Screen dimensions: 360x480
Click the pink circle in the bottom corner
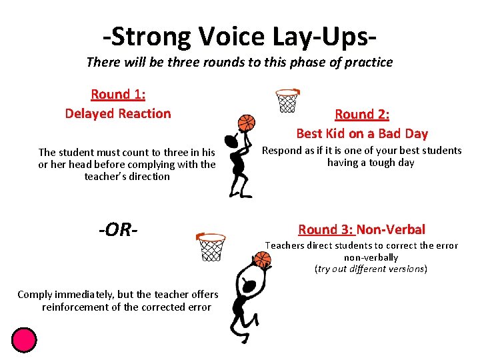[x=24, y=339]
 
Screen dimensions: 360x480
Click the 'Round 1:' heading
[x=118, y=94]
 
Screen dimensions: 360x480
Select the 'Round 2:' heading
[x=362, y=115]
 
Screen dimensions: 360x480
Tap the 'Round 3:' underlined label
[x=326, y=229]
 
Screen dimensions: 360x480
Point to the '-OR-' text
[x=118, y=230]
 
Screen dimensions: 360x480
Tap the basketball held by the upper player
[x=247, y=123]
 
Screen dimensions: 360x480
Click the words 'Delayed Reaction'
[x=118, y=113]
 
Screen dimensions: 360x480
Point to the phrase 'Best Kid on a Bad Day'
[x=362, y=133]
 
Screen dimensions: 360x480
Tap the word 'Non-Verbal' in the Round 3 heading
[x=391, y=229]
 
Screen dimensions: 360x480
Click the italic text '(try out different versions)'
[x=371, y=269]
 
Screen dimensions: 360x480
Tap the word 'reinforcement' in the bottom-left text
[x=74, y=307]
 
